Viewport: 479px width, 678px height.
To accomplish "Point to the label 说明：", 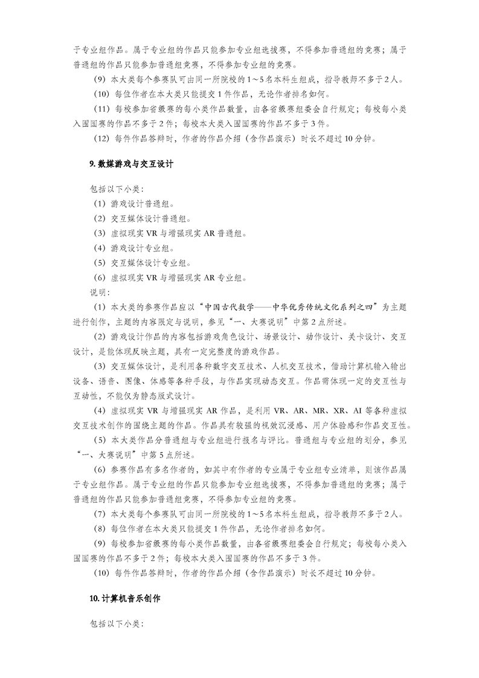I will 100,292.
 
